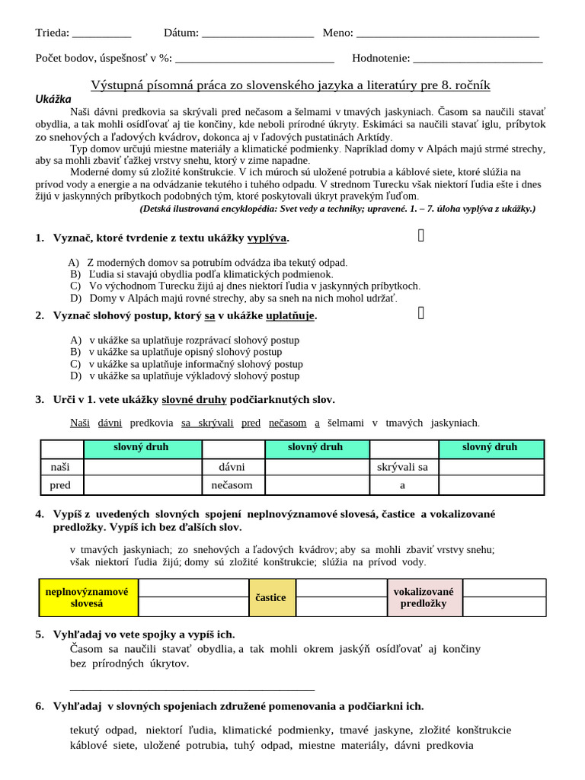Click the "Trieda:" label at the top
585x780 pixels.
[x=53, y=33]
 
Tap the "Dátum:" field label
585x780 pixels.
[x=181, y=33]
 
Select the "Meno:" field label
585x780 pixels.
[x=337, y=33]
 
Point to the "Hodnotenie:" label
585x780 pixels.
[x=381, y=58]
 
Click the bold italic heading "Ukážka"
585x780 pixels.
[x=53, y=98]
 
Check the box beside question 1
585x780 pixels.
[x=421, y=237]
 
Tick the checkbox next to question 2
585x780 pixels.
[x=421, y=312]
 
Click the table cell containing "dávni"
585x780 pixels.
[x=232, y=466]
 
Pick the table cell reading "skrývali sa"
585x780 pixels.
[x=403, y=466]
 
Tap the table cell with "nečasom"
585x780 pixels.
[x=232, y=484]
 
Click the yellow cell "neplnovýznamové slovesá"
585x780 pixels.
[x=88, y=597]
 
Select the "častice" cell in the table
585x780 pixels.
[x=271, y=598]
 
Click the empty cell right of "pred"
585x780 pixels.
[x=142, y=484]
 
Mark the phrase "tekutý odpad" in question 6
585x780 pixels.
[x=103, y=730]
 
